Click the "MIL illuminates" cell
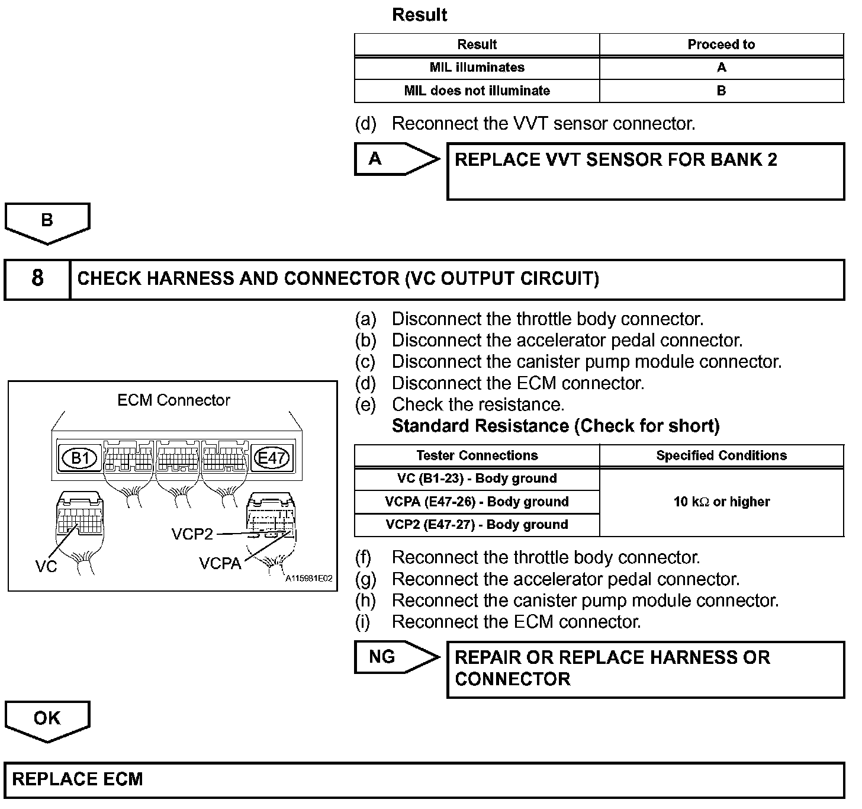[x=477, y=68]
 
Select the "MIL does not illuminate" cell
[x=477, y=91]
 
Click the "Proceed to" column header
[x=721, y=44]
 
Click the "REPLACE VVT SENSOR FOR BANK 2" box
[x=645, y=171]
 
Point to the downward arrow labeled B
[x=47, y=223]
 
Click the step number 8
[x=37, y=278]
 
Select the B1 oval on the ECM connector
[x=80, y=458]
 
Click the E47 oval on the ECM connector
[x=271, y=458]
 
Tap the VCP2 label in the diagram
[x=192, y=534]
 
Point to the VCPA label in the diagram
[x=220, y=564]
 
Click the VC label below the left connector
[x=46, y=567]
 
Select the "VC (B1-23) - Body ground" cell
[x=477, y=479]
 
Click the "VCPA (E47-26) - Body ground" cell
[x=477, y=502]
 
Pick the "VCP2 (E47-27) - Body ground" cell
[x=477, y=525]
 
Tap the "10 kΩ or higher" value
[x=721, y=502]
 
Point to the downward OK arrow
[x=47, y=720]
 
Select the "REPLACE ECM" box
[x=424, y=779]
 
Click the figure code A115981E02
[x=309, y=579]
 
